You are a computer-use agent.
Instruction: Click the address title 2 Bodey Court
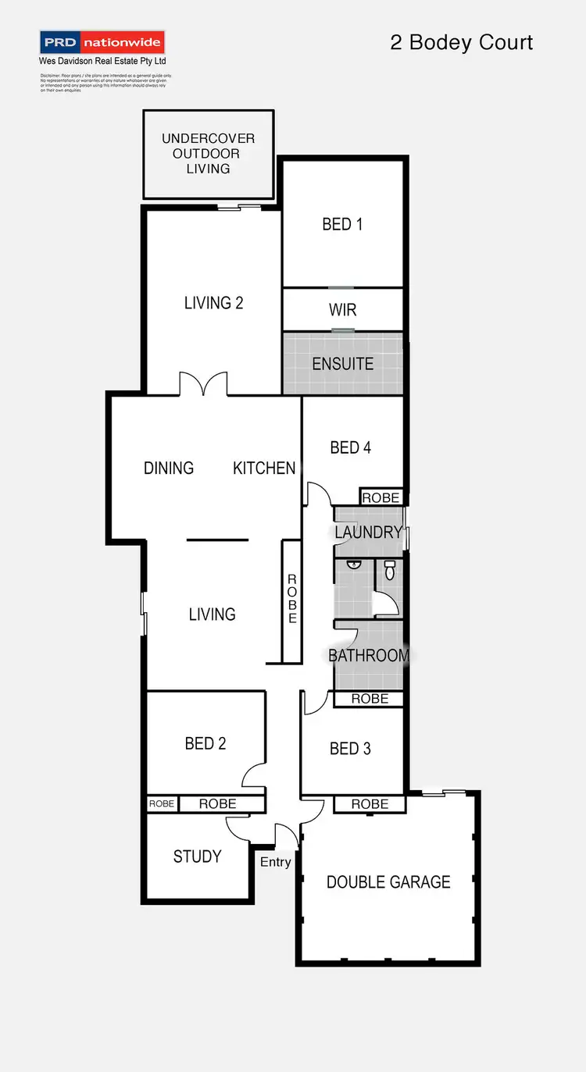tap(461, 42)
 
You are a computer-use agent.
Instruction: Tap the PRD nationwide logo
tap(102, 42)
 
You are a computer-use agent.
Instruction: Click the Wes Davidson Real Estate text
tap(102, 61)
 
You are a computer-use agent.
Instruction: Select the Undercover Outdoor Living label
tap(208, 153)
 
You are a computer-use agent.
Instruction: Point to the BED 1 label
tap(342, 224)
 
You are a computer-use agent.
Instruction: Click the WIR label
tap(342, 310)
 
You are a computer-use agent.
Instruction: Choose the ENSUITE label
tap(342, 364)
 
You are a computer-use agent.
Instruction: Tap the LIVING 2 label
tap(213, 302)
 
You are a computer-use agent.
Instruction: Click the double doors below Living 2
tap(203, 385)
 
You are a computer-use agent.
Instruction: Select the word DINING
tap(169, 468)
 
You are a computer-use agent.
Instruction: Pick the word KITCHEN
tap(264, 468)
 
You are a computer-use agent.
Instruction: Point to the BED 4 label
tap(350, 447)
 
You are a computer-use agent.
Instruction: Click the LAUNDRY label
tap(368, 532)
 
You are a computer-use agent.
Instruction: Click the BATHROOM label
tap(368, 655)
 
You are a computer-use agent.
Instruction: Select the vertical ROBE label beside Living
tap(292, 599)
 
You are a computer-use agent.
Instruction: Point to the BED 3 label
tap(350, 749)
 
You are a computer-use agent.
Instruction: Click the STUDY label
tap(197, 857)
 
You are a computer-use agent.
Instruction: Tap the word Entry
tap(275, 862)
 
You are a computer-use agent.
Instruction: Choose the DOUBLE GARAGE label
tap(388, 882)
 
